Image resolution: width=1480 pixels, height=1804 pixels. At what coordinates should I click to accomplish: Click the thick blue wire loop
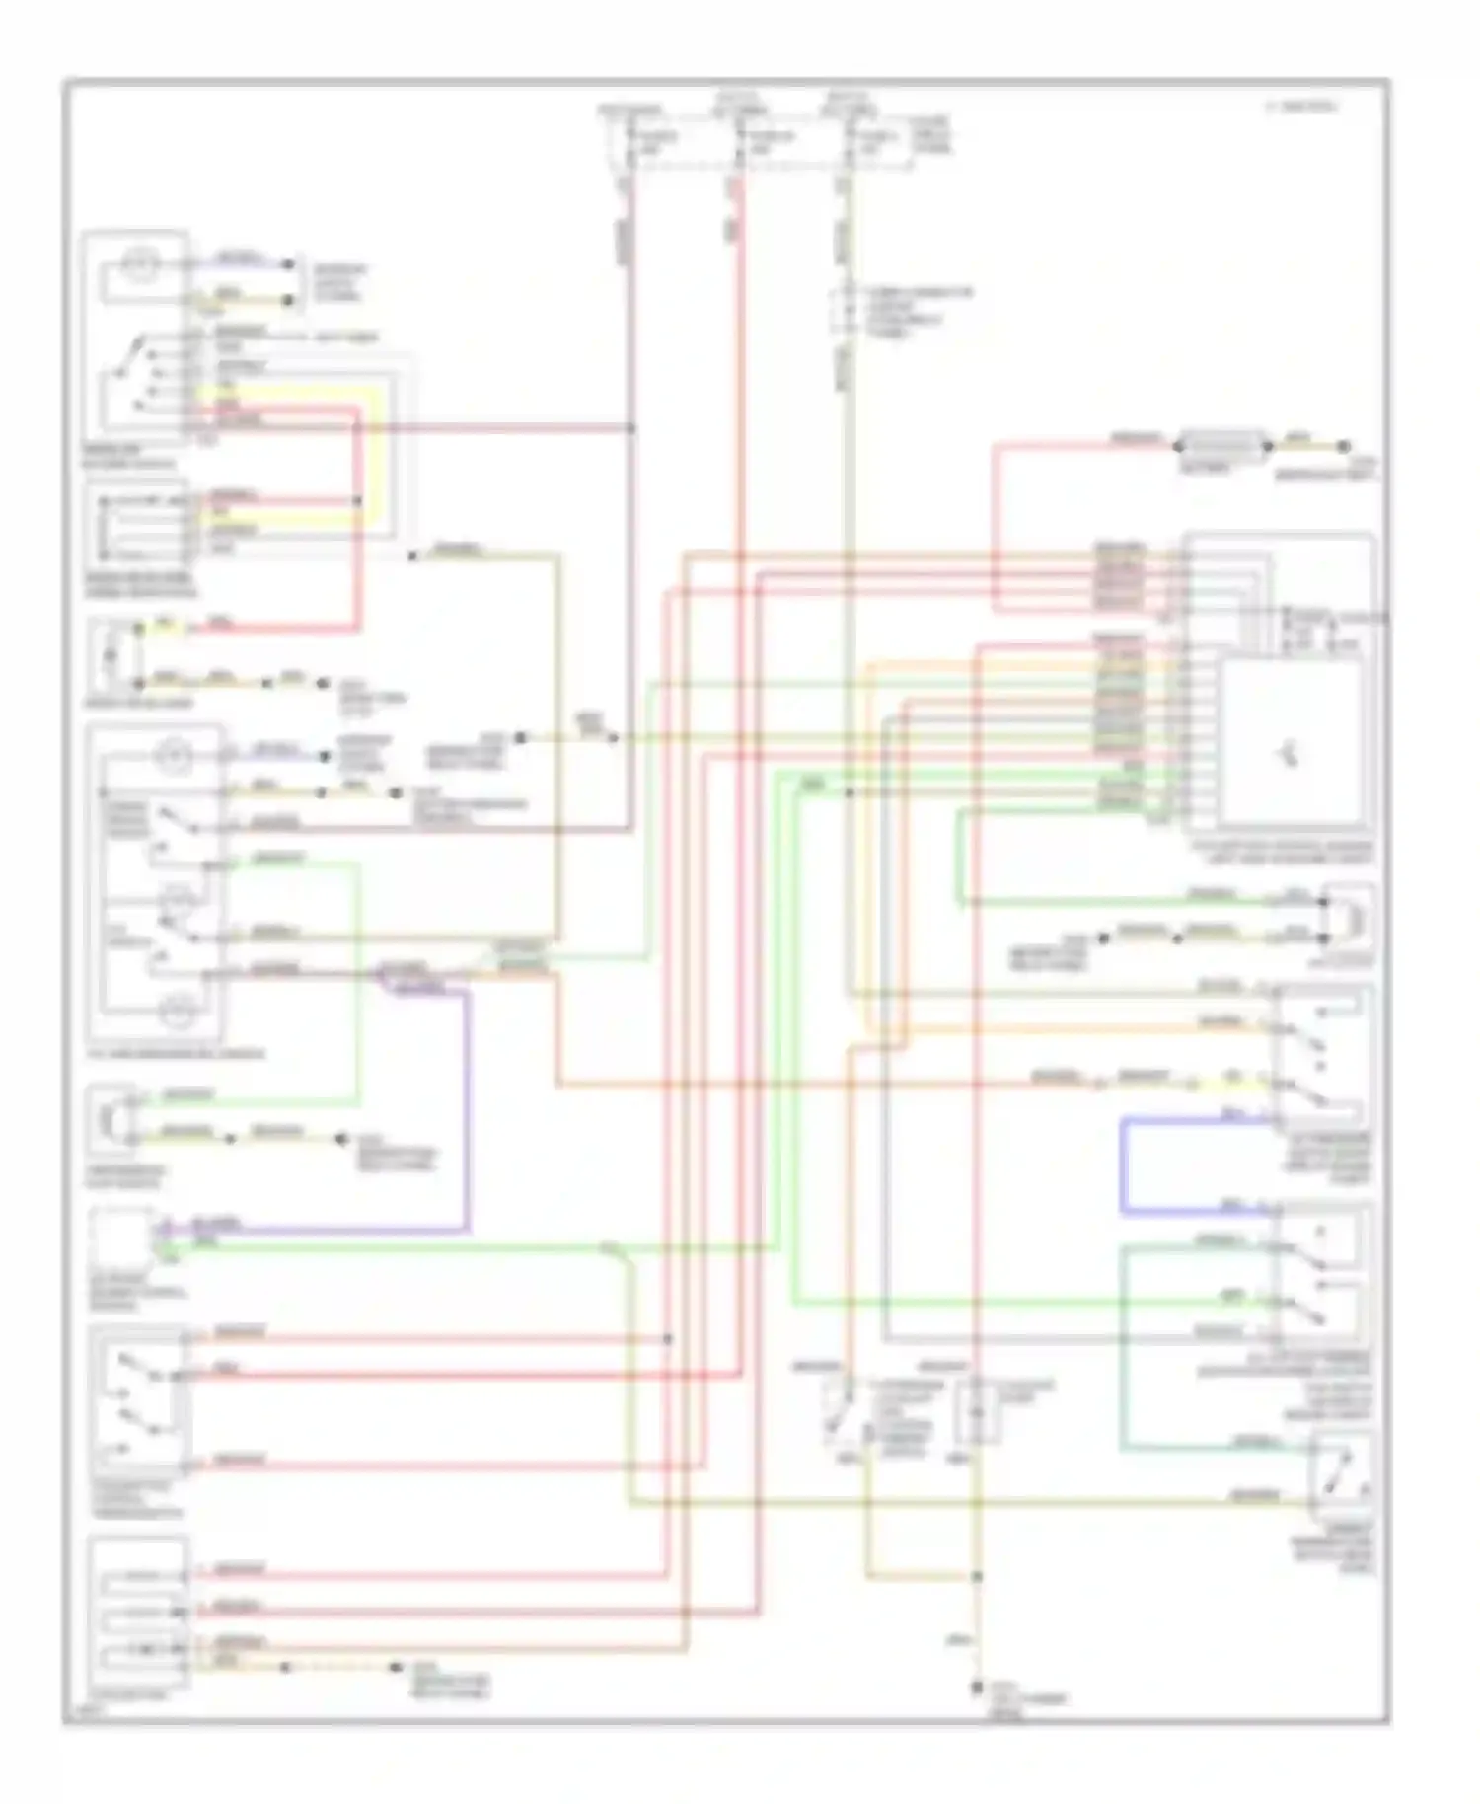coord(1123,1165)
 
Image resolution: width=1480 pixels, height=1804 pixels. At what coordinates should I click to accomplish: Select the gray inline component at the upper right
coord(1221,446)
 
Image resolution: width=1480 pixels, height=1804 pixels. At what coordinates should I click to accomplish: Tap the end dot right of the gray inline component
coord(1343,447)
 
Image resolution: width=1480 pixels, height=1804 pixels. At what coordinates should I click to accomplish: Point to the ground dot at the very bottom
coord(977,1688)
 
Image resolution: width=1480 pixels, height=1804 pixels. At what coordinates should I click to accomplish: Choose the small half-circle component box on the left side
coord(113,1119)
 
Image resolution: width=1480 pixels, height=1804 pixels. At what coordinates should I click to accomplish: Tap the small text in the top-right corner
coord(1301,106)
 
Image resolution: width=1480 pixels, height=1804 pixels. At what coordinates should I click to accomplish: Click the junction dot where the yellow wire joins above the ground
coord(977,1577)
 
